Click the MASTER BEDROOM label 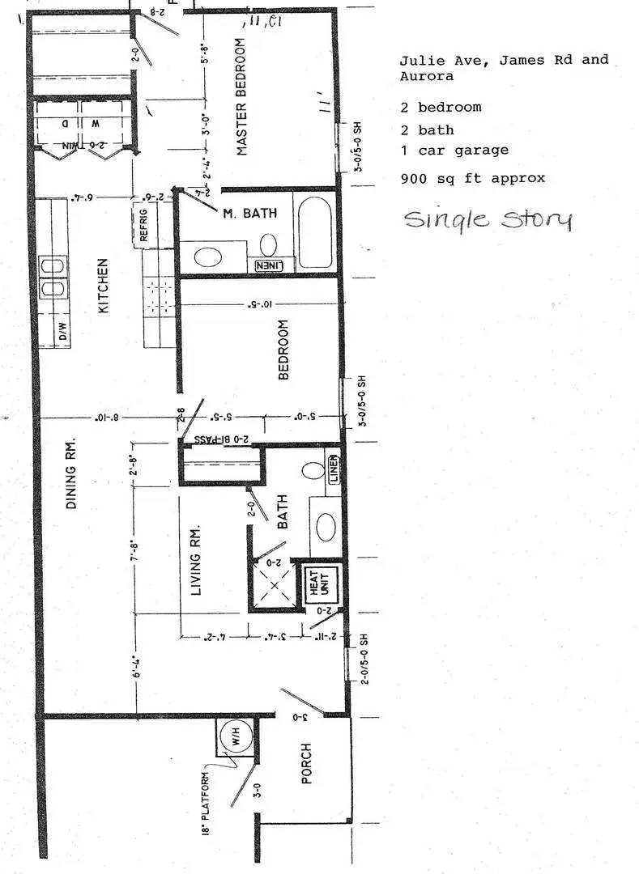pyautogui.click(x=241, y=96)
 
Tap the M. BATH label pyautogui.click(x=250, y=214)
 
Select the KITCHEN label pyautogui.click(x=104, y=286)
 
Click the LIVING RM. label pyautogui.click(x=195, y=562)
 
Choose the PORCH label pyautogui.click(x=306, y=762)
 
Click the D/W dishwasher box pyautogui.click(x=61, y=332)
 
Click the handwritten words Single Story pyautogui.click(x=488, y=219)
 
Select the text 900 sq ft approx pyautogui.click(x=472, y=178)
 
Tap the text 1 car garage pyautogui.click(x=454, y=151)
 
